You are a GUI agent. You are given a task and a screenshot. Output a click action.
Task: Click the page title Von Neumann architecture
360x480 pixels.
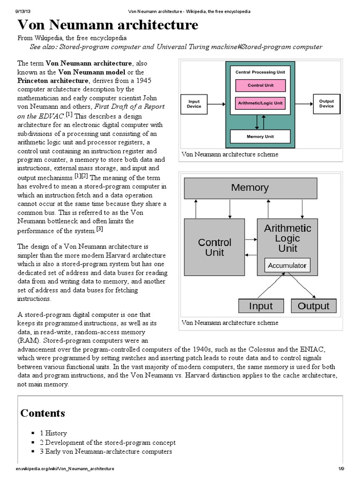(x=108, y=25)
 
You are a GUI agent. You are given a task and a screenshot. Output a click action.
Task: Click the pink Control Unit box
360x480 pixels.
(x=260, y=85)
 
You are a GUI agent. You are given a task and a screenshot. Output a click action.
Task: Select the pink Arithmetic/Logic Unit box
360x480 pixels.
(x=260, y=103)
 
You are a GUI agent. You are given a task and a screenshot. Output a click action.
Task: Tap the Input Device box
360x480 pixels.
(x=194, y=104)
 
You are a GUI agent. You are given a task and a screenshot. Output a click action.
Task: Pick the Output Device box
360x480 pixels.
(x=326, y=104)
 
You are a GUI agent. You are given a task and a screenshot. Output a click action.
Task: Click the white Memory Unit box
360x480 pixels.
(x=260, y=137)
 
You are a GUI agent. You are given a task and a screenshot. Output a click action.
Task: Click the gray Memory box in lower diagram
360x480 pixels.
(x=250, y=188)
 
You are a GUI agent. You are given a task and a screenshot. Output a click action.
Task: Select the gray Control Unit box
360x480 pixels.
(x=215, y=247)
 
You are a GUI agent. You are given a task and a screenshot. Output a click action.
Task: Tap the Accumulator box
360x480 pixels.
(x=287, y=266)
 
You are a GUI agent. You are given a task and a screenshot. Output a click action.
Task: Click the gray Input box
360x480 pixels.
(x=261, y=306)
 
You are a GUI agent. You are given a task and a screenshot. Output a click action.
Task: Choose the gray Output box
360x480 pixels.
(x=314, y=306)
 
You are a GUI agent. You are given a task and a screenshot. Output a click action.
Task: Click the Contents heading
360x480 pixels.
(x=43, y=413)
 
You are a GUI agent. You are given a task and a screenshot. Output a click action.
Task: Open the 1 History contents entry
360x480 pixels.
(x=53, y=433)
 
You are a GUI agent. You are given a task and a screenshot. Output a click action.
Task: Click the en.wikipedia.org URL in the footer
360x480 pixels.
(x=65, y=469)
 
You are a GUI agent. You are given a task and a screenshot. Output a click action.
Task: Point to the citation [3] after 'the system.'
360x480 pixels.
(x=99, y=229)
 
